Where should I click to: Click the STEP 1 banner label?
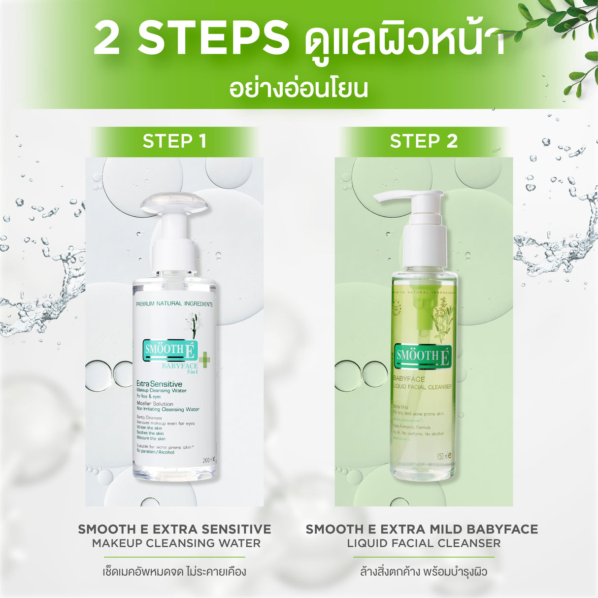174,141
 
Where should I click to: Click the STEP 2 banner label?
424,141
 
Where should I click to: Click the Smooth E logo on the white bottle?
170,351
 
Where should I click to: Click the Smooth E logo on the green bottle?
423,356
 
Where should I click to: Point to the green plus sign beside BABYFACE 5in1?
204,360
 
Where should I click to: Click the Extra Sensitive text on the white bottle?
159,384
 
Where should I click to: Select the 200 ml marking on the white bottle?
209,460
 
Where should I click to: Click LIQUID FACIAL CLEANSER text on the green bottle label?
423,387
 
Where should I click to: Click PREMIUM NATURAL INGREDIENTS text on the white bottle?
174,304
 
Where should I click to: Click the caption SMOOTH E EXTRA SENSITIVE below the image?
174,530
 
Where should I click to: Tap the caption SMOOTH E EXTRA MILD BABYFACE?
422,530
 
